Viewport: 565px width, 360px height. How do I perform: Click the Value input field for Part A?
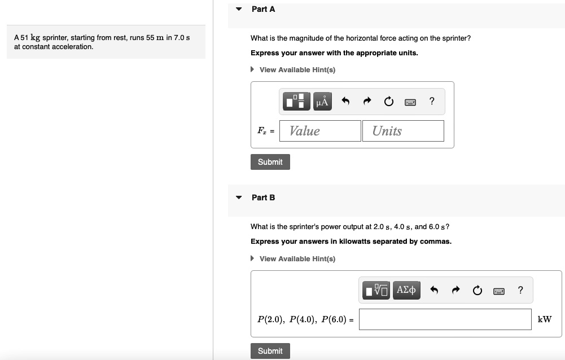pyautogui.click(x=320, y=131)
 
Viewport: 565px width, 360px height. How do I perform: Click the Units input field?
pyautogui.click(x=403, y=131)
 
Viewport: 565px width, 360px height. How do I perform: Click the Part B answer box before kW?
pyautogui.click(x=445, y=319)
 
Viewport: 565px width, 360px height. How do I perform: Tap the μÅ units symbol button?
pyautogui.click(x=322, y=101)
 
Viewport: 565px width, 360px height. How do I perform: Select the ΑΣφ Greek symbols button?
pyautogui.click(x=406, y=290)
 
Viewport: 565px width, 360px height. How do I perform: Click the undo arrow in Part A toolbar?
pyautogui.click(x=345, y=101)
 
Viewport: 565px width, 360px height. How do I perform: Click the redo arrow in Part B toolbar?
pyautogui.click(x=456, y=289)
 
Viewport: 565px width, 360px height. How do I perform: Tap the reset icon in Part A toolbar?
pyautogui.click(x=388, y=101)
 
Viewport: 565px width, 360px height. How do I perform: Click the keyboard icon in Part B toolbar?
pyautogui.click(x=499, y=291)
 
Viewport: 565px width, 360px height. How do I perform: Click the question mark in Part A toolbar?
pyautogui.click(x=432, y=101)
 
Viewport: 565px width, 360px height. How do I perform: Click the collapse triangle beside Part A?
pyautogui.click(x=239, y=9)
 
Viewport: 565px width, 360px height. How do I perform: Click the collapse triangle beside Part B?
pyautogui.click(x=239, y=197)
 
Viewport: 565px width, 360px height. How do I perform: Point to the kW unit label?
pyautogui.click(x=544, y=319)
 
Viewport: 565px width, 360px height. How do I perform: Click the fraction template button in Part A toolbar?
pyautogui.click(x=296, y=101)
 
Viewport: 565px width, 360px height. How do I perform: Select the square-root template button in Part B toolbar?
pyautogui.click(x=376, y=290)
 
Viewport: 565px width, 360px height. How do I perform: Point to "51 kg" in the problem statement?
pyautogui.click(x=30, y=38)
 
